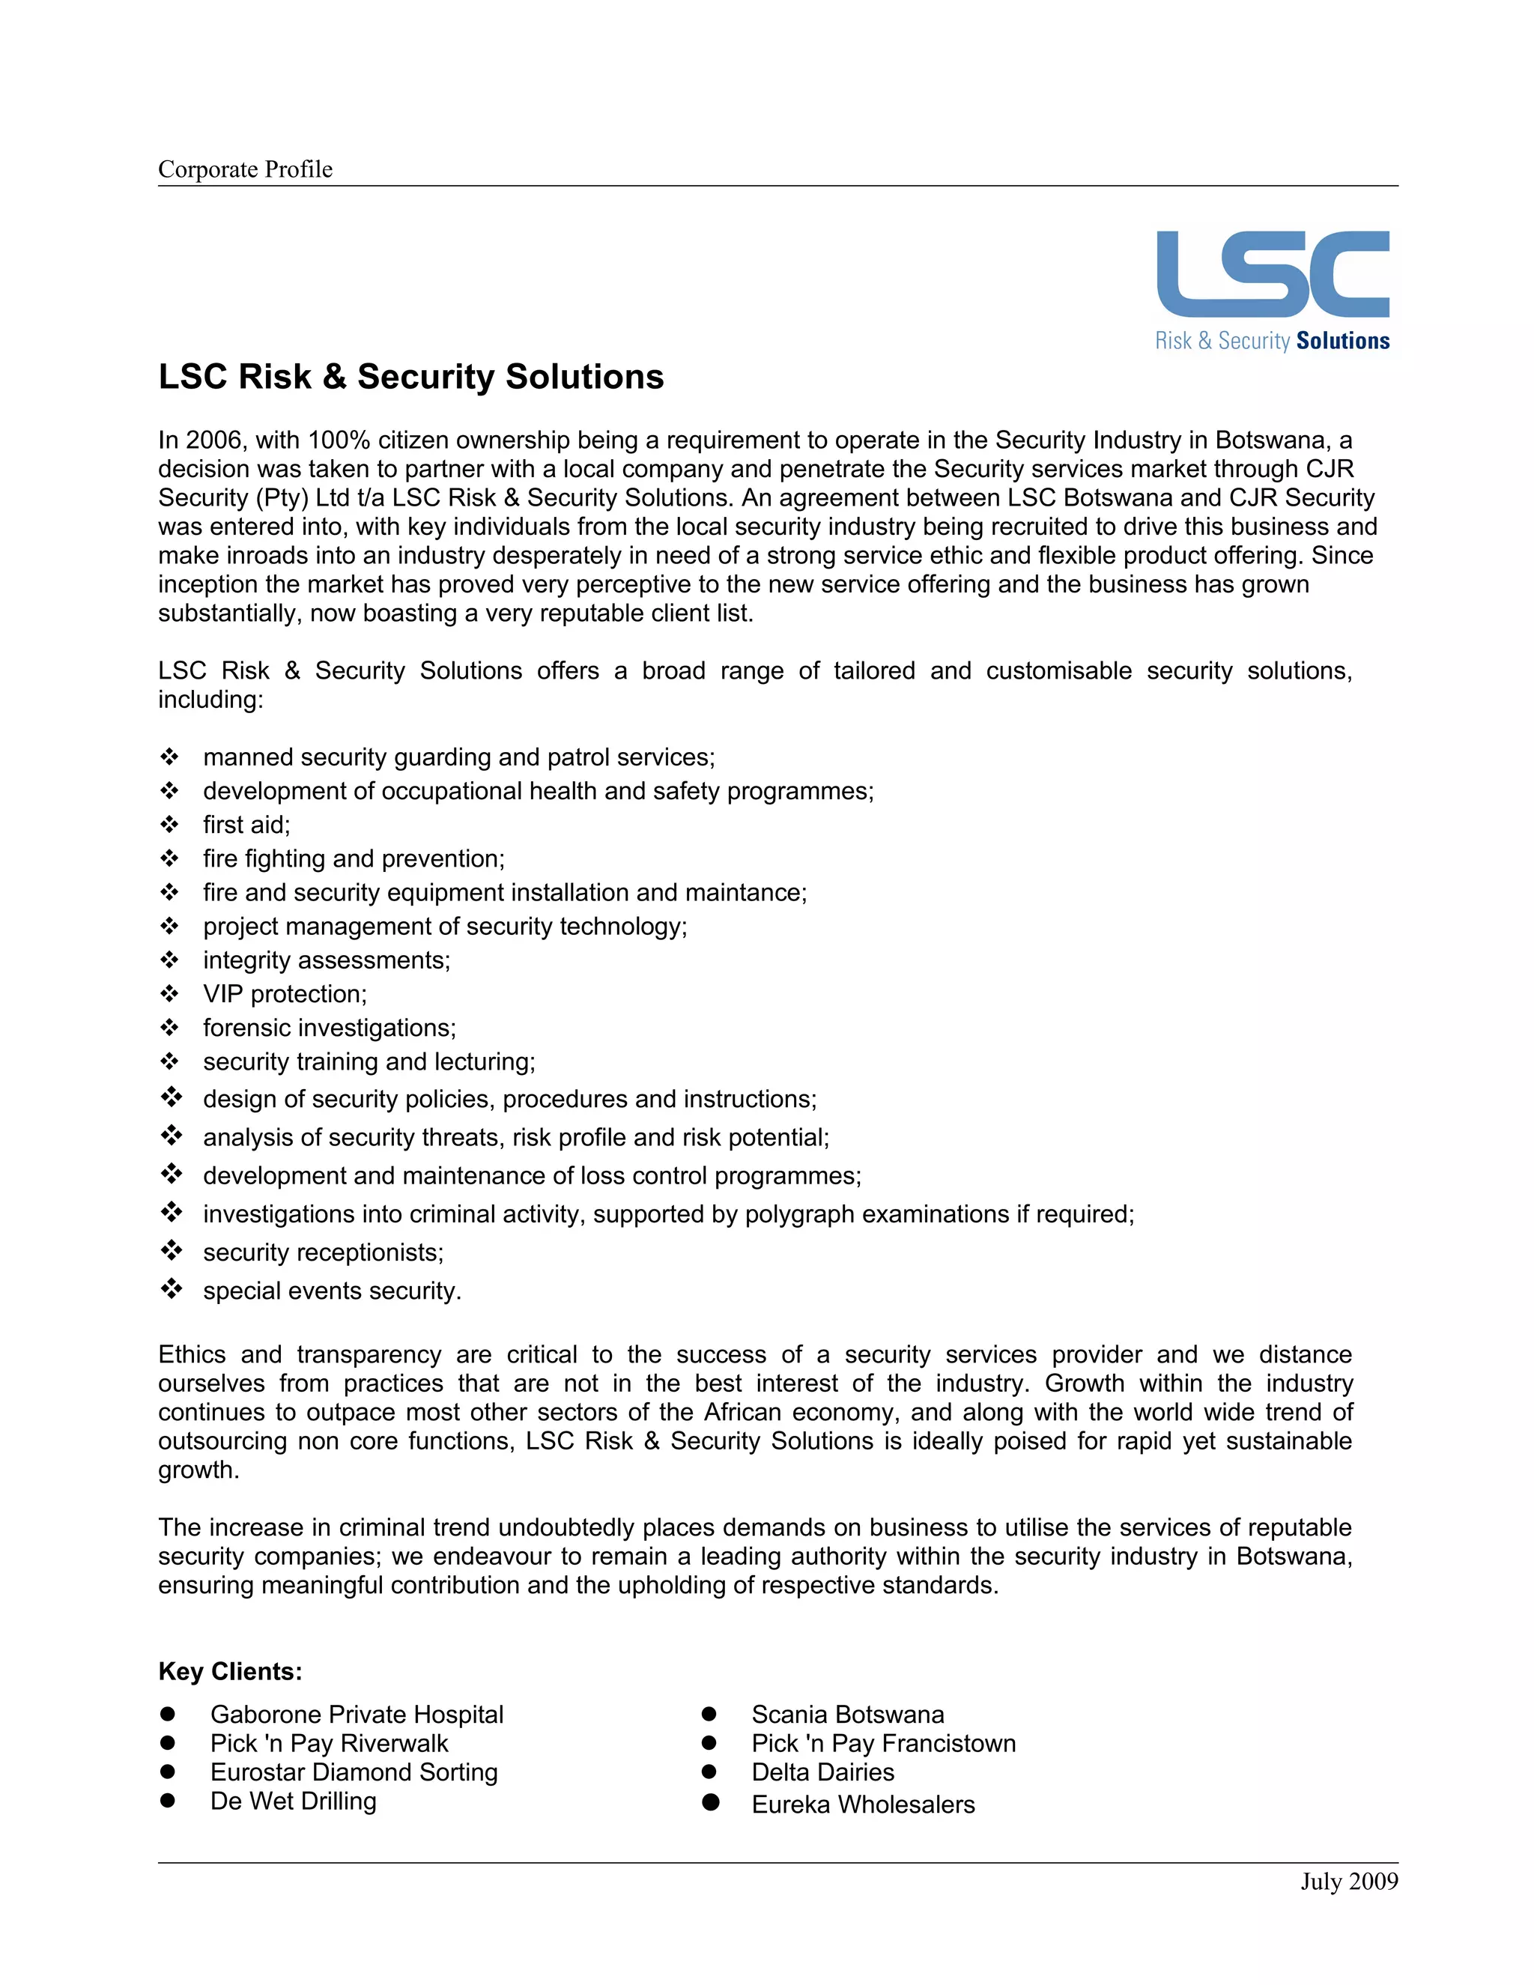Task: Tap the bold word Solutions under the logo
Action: point(1342,341)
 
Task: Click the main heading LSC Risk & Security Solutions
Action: point(410,376)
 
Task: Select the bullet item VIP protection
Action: point(285,993)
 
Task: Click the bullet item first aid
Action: point(246,825)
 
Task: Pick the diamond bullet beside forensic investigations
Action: point(169,1027)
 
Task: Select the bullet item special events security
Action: point(332,1291)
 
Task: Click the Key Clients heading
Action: point(230,1671)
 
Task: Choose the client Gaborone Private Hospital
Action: point(357,1714)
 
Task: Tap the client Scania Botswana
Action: point(847,1714)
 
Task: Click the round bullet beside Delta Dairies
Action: point(709,1772)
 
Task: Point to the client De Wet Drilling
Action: point(293,1801)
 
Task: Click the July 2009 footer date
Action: point(1347,1882)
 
